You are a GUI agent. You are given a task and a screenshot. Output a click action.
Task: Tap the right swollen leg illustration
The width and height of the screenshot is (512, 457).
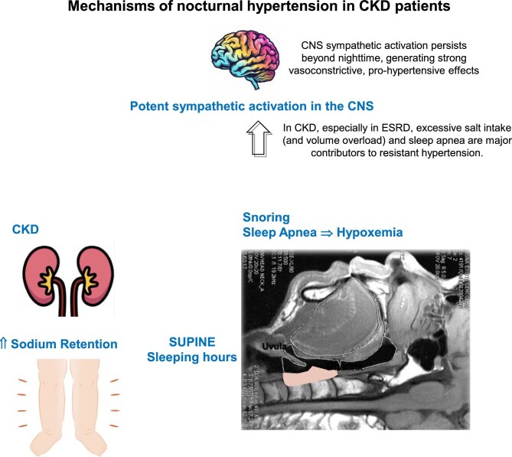point(85,406)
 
